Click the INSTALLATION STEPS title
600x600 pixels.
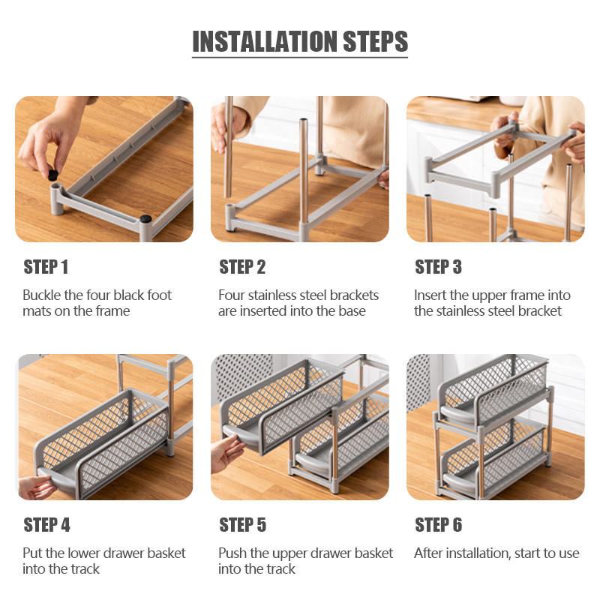pos(300,41)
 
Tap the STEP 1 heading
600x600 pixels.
pos(46,267)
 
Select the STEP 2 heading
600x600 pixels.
pos(242,267)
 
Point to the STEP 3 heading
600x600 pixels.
pos(439,267)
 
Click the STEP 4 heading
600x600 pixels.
pos(46,524)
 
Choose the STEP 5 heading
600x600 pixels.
pos(242,524)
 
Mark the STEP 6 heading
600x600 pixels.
pos(439,524)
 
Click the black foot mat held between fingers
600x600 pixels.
pos(52,175)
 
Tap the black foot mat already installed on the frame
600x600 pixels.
pos(145,218)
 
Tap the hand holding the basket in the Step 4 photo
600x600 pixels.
pos(35,487)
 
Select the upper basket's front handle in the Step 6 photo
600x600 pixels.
pos(457,413)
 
